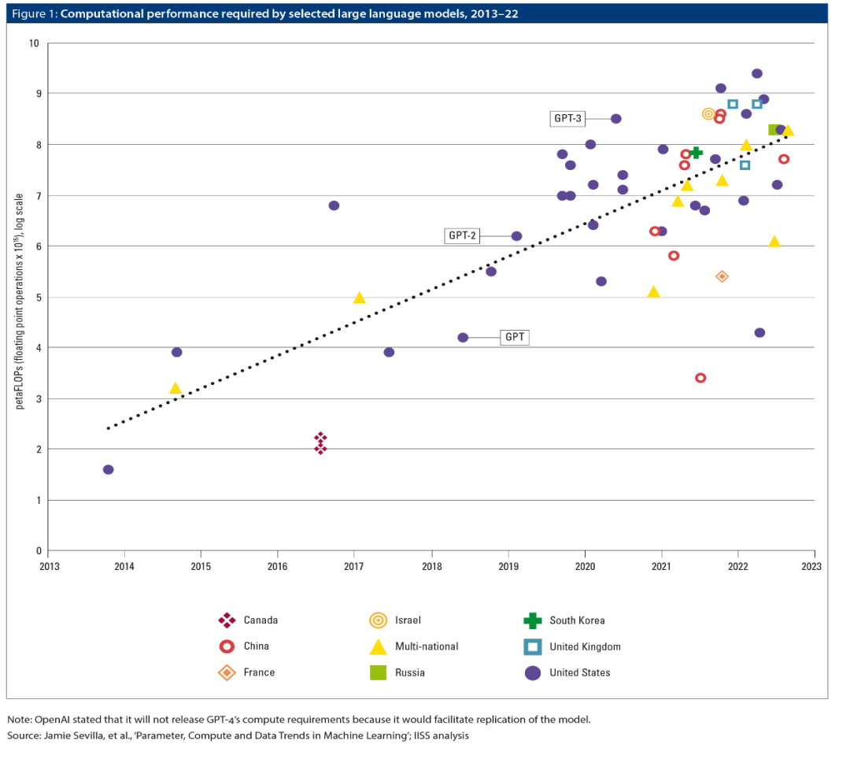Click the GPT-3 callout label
(568, 119)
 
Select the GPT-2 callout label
(463, 235)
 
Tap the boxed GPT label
(515, 337)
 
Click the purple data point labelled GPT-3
(616, 119)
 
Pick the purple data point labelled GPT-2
(516, 236)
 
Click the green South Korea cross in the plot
(696, 152)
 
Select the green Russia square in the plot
(774, 129)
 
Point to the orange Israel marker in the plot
(708, 114)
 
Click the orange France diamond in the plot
(722, 276)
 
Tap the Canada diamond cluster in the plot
(320, 443)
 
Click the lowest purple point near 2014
(109, 469)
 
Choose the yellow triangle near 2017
(360, 298)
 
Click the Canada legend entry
(260, 620)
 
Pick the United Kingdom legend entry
(585, 646)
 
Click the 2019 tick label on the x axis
(508, 566)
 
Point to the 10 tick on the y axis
(34, 43)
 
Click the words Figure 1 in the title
(31, 14)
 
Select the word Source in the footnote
(24, 735)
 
